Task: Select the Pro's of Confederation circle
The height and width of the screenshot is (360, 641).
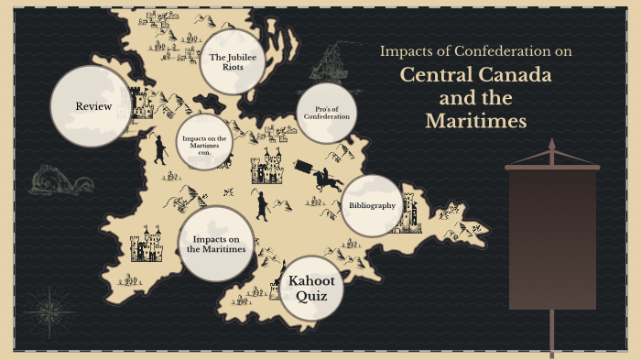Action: tap(327, 114)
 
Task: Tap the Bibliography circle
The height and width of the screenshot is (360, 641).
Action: tap(371, 205)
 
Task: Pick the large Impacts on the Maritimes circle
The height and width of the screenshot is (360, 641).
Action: tap(216, 243)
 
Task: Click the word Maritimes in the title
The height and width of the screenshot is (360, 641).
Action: tap(476, 121)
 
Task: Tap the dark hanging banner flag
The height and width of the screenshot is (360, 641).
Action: tap(552, 238)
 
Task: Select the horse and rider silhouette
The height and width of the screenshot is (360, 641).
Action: tap(327, 177)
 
